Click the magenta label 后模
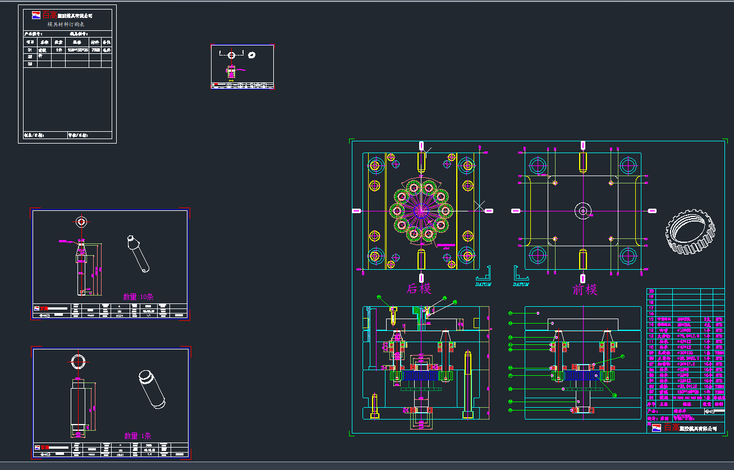point(419,289)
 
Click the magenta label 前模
point(585,289)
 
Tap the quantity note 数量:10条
point(138,297)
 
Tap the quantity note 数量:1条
point(137,436)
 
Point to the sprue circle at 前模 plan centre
point(583,211)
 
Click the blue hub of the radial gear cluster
point(421,211)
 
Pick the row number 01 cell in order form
point(30,50)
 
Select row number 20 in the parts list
point(652,291)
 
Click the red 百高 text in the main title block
point(671,427)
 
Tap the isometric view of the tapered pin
point(137,253)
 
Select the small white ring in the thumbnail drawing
point(251,54)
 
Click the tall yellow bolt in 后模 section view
point(467,385)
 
